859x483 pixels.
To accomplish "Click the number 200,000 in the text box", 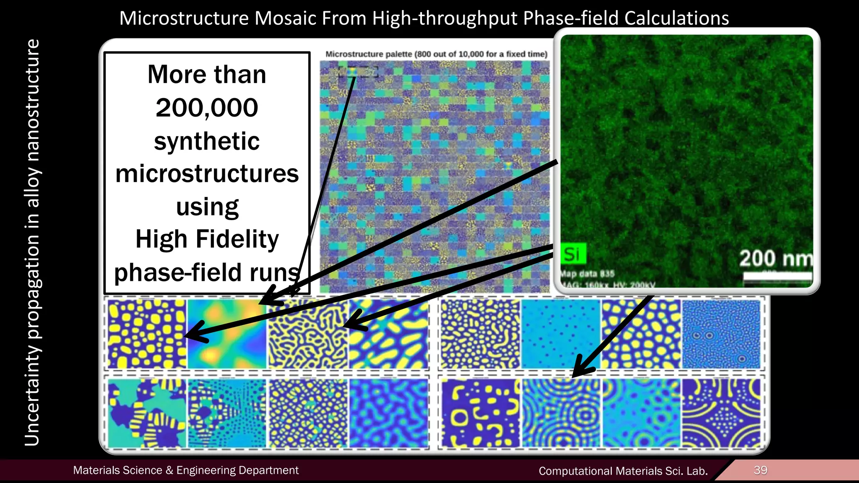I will (207, 108).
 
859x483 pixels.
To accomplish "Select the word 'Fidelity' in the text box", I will (237, 239).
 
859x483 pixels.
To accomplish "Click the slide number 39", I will (760, 470).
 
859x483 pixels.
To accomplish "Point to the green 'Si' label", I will (572, 254).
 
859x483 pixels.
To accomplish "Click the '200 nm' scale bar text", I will (775, 258).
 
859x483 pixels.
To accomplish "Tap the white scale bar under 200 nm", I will (777, 277).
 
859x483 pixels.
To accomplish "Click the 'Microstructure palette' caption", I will (436, 54).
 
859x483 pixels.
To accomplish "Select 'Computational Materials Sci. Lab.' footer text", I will (623, 471).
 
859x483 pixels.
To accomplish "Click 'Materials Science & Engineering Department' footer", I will (186, 470).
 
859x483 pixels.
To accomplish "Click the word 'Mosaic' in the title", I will (285, 18).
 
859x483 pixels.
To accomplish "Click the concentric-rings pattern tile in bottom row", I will (561, 413).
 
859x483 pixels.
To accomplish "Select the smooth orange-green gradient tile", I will (226, 334).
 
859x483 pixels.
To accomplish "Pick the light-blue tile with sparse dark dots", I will (560, 334).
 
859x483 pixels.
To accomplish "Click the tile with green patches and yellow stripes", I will (147, 413).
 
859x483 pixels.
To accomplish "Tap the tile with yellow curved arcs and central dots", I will (721, 413).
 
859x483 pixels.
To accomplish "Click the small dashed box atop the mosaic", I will (358, 72).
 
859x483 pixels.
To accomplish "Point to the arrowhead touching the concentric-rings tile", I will (581, 369).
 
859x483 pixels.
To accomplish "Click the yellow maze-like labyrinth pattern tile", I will (307, 334).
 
